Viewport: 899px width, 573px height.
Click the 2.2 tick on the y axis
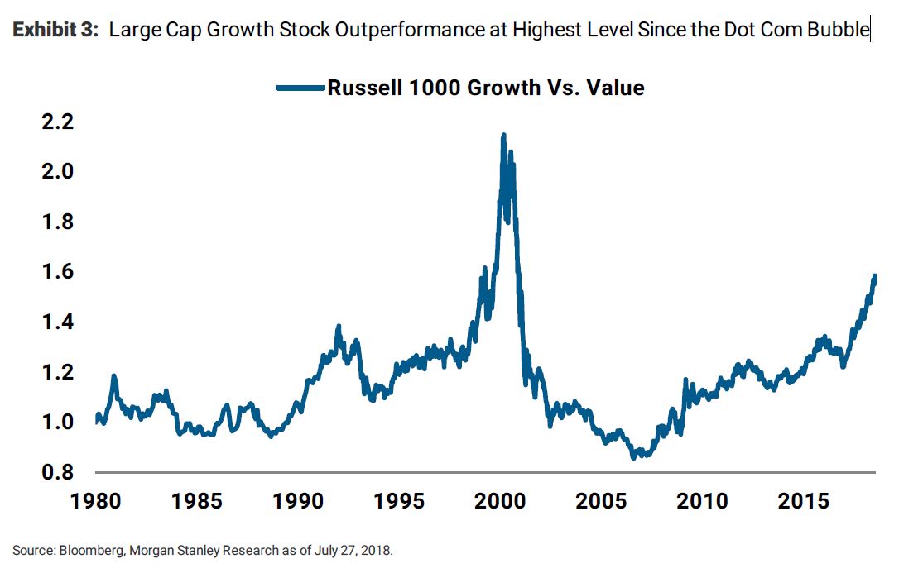pyautogui.click(x=57, y=122)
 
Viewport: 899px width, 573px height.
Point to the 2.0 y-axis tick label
pyautogui.click(x=57, y=172)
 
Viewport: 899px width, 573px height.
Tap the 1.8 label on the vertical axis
pyautogui.click(x=57, y=222)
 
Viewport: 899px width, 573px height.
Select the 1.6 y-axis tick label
pyautogui.click(x=57, y=272)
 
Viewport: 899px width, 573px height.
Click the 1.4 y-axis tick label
pyautogui.click(x=57, y=322)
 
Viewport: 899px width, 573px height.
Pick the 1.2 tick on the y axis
pyautogui.click(x=57, y=372)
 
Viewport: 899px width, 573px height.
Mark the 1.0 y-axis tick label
pyautogui.click(x=57, y=423)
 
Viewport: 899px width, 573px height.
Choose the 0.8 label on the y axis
pyautogui.click(x=57, y=472)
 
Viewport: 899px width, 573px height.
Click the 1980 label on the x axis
pyautogui.click(x=96, y=501)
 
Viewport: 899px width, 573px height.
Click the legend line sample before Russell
pyautogui.click(x=300, y=88)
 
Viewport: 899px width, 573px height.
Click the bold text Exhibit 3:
pyautogui.click(x=56, y=31)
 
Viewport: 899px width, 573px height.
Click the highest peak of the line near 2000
pyautogui.click(x=503, y=135)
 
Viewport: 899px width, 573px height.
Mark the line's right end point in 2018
pyautogui.click(x=875, y=276)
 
